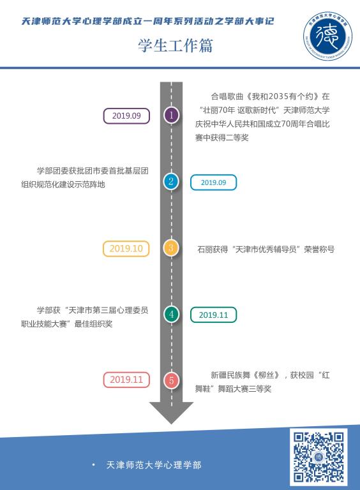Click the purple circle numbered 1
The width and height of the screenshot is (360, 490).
pos(171,115)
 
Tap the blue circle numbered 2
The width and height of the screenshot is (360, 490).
pos(171,181)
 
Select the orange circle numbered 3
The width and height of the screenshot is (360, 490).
pos(171,248)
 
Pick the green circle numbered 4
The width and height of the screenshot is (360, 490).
pos(171,314)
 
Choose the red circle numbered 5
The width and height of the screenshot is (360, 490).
pos(171,380)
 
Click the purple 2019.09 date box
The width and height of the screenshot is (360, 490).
pos(126,116)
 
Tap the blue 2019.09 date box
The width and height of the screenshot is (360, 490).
pos(213,182)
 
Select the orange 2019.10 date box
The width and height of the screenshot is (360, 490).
pos(126,249)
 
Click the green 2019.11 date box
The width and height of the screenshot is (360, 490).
pos(213,315)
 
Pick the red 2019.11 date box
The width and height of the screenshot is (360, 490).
pos(126,380)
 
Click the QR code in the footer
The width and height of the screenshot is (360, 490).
pos(319,457)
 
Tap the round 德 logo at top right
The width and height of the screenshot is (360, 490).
pos(327,36)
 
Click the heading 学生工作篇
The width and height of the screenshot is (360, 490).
pos(176,46)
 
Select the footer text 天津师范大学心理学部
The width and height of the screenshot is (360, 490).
pos(154,465)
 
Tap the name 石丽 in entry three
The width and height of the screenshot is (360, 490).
pos(205,249)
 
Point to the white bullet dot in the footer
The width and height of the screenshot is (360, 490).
pos(93,465)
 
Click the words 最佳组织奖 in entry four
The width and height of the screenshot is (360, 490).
pos(93,324)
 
